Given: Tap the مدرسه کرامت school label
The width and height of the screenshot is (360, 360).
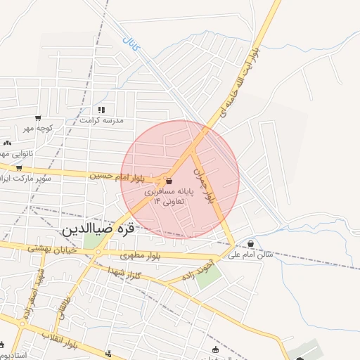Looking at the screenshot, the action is click(102, 120).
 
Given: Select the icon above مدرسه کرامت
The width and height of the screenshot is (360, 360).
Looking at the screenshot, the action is click(101, 110).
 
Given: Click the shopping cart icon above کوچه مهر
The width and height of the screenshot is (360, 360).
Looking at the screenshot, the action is click(37, 117).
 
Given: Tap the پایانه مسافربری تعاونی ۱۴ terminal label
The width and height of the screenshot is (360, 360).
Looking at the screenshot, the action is click(169, 196).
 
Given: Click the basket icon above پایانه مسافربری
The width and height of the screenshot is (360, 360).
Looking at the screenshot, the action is click(169, 181).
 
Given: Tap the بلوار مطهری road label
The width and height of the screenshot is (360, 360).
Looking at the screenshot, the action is click(141, 255).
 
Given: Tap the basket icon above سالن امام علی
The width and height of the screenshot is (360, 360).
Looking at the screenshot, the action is click(252, 244).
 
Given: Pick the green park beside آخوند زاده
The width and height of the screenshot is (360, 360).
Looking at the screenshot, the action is click(206, 275).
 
